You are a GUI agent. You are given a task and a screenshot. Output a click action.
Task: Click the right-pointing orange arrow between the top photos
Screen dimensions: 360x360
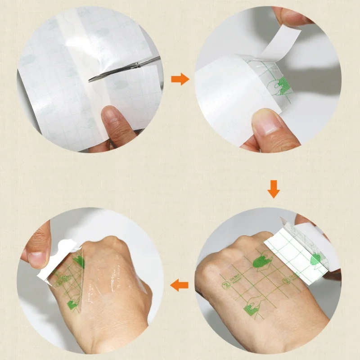point(180,80)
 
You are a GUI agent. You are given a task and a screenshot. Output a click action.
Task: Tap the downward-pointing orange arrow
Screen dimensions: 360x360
point(273,189)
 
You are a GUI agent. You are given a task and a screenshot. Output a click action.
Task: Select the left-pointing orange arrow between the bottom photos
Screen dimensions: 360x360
point(180,284)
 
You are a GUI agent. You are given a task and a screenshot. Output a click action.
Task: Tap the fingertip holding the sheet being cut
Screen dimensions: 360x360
point(108,119)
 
